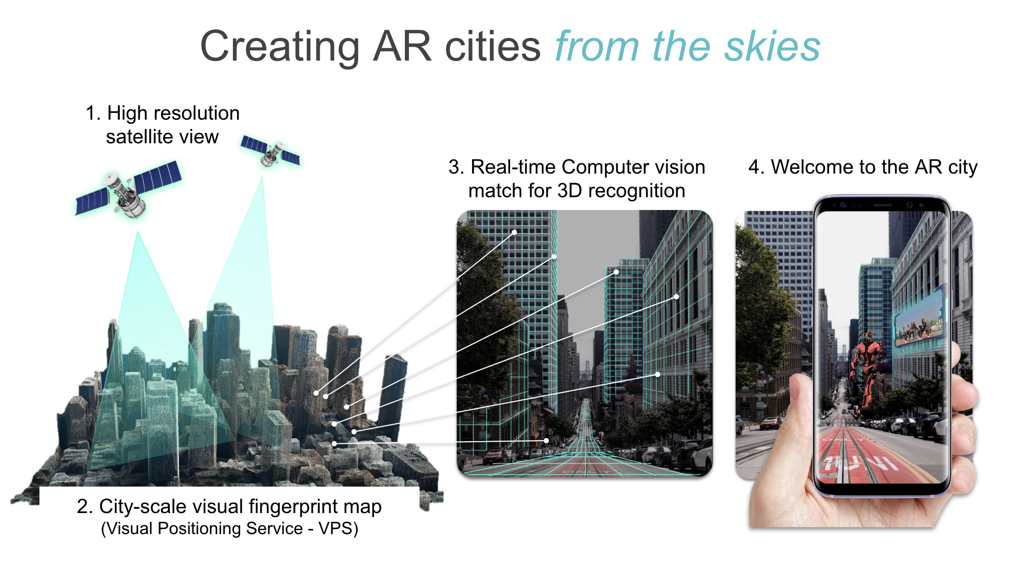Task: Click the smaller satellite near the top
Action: point(270,151)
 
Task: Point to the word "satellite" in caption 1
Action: point(139,137)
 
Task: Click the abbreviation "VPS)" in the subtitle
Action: point(338,528)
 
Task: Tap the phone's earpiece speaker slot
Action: point(883,205)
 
